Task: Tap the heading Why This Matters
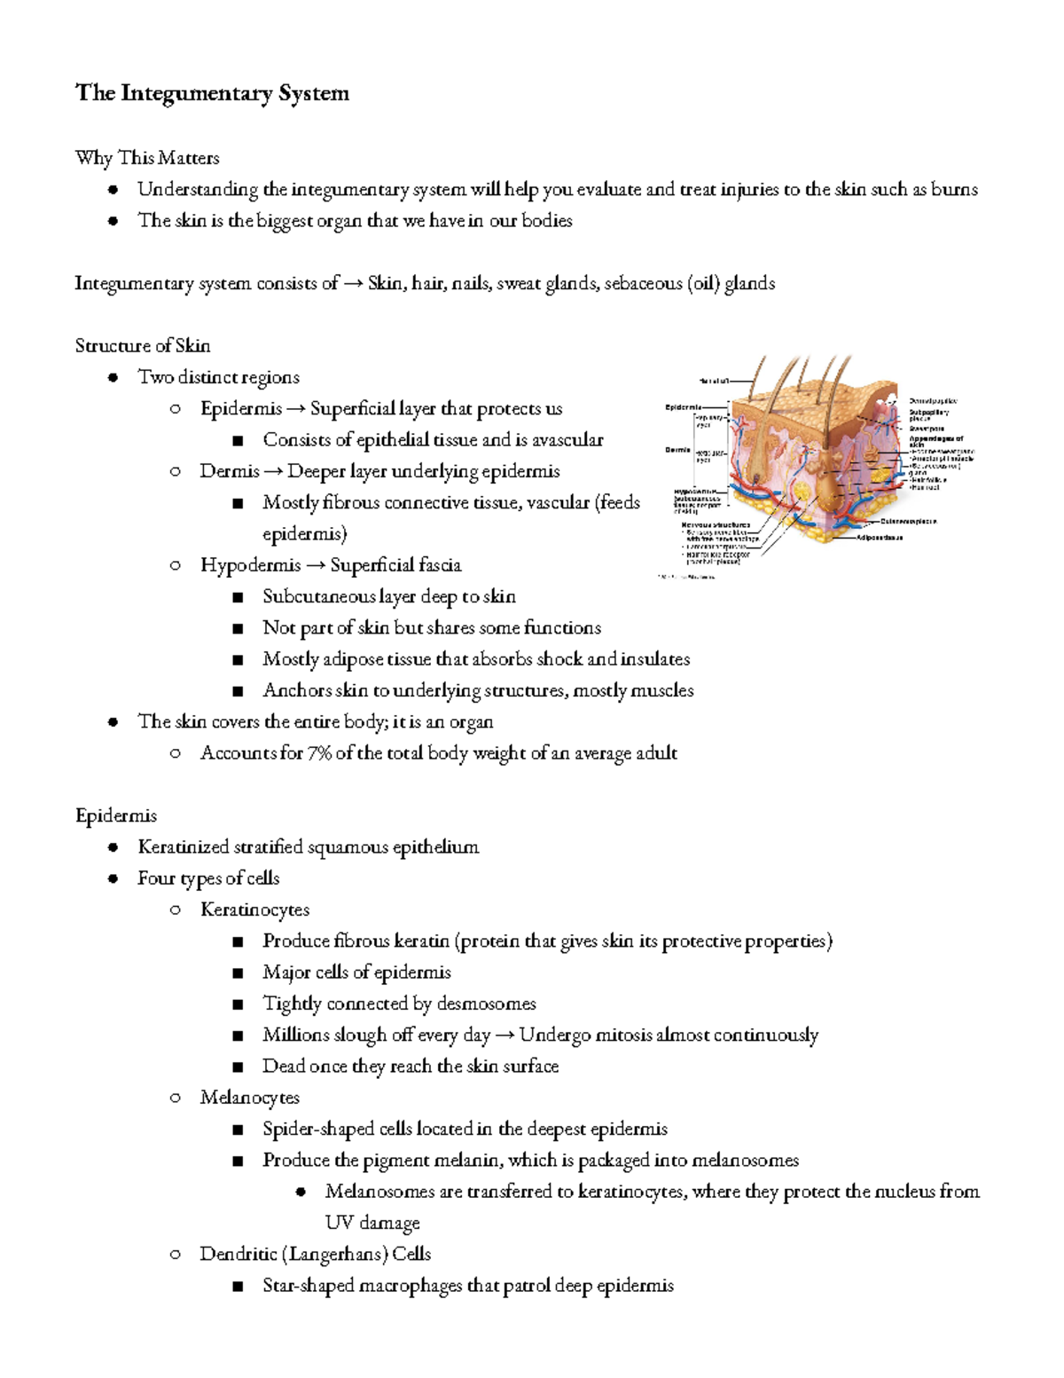pos(147,158)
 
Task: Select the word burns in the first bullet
pos(954,189)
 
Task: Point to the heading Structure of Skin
pos(143,345)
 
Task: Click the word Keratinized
pos(183,846)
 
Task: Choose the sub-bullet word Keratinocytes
pos(255,909)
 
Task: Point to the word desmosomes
pos(487,1004)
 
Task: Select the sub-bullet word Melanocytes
pos(250,1098)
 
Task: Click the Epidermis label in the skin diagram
pos(683,407)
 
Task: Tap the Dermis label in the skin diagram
pos(678,450)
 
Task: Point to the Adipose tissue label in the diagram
pos(880,537)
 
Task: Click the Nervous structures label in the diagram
pos(715,525)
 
